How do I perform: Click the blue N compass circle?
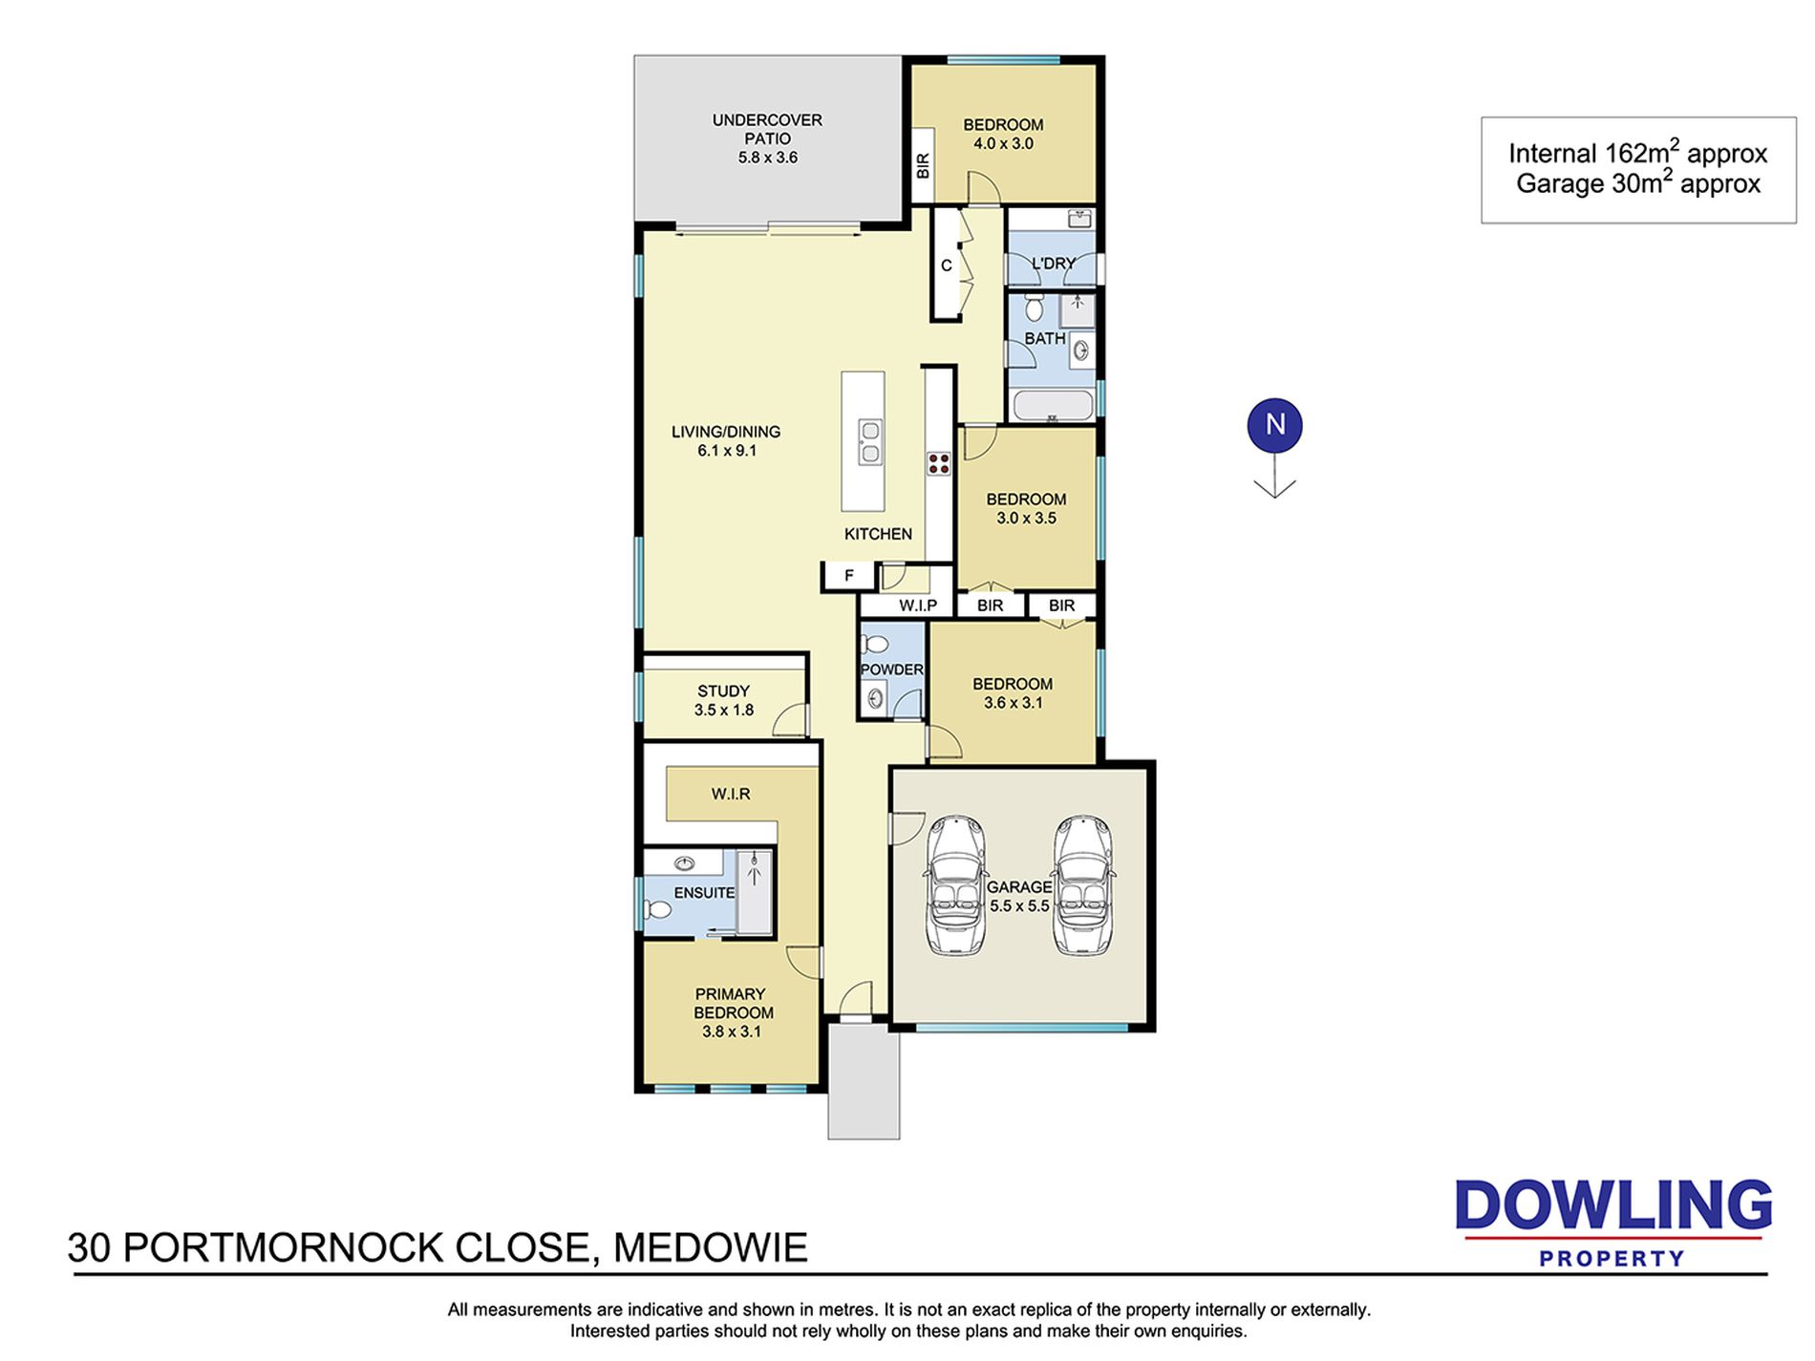click(x=1274, y=425)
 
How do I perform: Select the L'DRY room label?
click(x=1053, y=263)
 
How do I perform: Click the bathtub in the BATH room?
click(x=1052, y=406)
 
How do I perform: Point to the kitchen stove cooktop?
click(x=938, y=464)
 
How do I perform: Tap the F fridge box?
click(x=848, y=576)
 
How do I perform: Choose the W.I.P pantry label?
click(x=918, y=606)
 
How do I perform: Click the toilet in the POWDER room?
click(x=874, y=646)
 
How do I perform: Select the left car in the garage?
click(x=955, y=885)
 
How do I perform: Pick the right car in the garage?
click(x=1083, y=885)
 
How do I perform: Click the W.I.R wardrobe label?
click(x=731, y=794)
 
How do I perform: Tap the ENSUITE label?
click(x=704, y=893)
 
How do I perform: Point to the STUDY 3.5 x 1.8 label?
click(x=724, y=700)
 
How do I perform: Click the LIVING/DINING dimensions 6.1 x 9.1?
click(x=727, y=451)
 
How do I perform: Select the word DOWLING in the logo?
click(x=1613, y=1205)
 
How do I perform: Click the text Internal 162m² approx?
click(x=1637, y=152)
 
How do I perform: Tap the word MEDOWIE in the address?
click(x=710, y=1247)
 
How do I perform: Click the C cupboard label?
click(x=946, y=266)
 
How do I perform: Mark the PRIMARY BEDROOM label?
click(x=733, y=1003)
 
